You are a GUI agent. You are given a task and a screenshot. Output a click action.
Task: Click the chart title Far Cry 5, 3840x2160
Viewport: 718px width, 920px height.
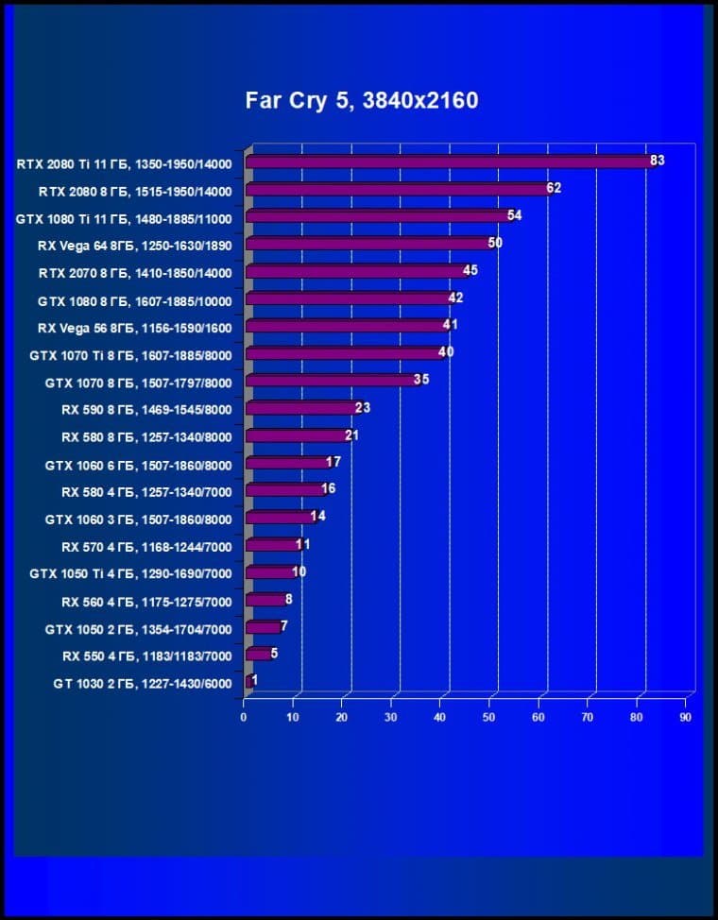click(x=362, y=100)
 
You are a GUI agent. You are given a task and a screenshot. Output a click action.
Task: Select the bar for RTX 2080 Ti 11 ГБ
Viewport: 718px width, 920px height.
click(x=449, y=162)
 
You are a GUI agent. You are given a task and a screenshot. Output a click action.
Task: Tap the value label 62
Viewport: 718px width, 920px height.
click(x=553, y=188)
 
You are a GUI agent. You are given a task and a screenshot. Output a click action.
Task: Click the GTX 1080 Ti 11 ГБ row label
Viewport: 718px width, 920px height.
click(x=124, y=218)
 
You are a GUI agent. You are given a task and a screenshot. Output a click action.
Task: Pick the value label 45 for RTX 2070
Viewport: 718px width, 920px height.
click(x=470, y=270)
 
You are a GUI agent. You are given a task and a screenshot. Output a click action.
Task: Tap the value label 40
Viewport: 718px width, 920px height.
click(x=447, y=352)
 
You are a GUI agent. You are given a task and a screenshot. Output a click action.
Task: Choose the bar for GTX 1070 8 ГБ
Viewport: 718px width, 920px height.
click(x=331, y=381)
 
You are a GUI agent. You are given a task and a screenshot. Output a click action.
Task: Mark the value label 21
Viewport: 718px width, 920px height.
click(x=351, y=434)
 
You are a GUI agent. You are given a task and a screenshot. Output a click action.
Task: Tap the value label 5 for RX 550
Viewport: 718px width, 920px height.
click(x=274, y=653)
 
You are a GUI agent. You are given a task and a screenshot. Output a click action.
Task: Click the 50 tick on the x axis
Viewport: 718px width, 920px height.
click(x=489, y=718)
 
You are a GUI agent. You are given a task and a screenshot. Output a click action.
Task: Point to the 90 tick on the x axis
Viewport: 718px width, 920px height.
click(x=685, y=718)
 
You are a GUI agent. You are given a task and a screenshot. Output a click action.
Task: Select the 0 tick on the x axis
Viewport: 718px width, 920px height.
click(x=244, y=718)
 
